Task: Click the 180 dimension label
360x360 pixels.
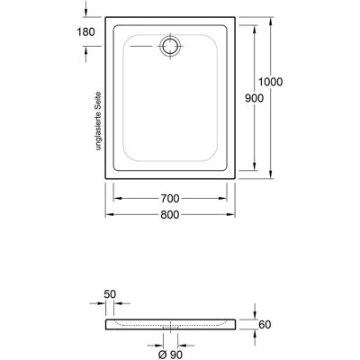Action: click(x=85, y=31)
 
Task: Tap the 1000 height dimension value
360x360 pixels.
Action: click(x=271, y=82)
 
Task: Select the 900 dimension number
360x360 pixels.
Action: click(x=255, y=98)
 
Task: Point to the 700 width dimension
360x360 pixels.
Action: click(x=170, y=198)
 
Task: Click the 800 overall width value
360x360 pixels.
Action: click(x=170, y=214)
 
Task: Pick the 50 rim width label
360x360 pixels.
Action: click(x=110, y=294)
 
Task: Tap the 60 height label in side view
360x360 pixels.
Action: click(x=265, y=324)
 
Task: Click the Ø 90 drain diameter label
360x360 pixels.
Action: click(x=170, y=355)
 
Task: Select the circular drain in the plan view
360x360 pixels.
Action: click(x=170, y=47)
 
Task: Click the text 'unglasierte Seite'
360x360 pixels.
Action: click(x=98, y=121)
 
